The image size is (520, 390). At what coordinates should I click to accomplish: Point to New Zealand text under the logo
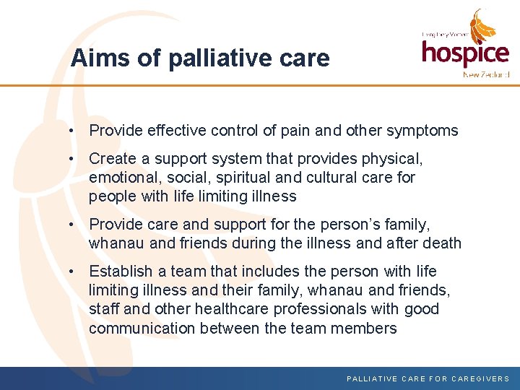486,74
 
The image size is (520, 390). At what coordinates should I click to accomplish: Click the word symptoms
422,131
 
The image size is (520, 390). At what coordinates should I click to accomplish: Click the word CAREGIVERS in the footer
480,378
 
